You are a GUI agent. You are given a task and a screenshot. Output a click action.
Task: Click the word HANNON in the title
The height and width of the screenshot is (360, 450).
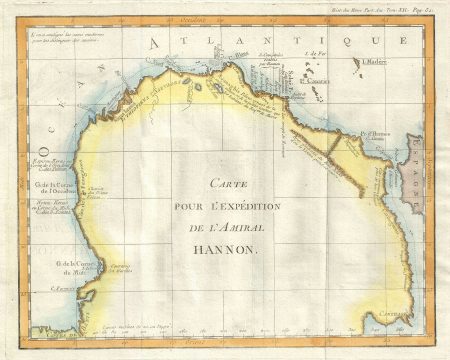pos(232,253)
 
